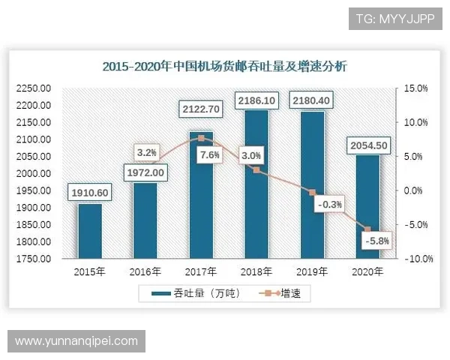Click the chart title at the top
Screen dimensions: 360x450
click(224, 67)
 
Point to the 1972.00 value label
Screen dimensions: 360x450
click(145, 173)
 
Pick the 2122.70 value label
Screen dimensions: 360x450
click(201, 109)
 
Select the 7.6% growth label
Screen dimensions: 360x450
click(211, 155)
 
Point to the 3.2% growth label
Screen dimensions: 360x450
click(146, 152)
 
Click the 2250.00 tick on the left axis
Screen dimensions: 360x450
click(33, 88)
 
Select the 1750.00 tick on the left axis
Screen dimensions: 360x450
click(33, 259)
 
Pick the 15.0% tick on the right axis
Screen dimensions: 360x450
click(415, 88)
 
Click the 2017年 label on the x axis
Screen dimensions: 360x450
click(201, 271)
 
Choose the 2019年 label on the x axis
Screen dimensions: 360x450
click(312, 271)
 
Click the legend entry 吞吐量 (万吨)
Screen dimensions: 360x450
click(196, 293)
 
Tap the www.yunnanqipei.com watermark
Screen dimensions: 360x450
click(76, 340)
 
